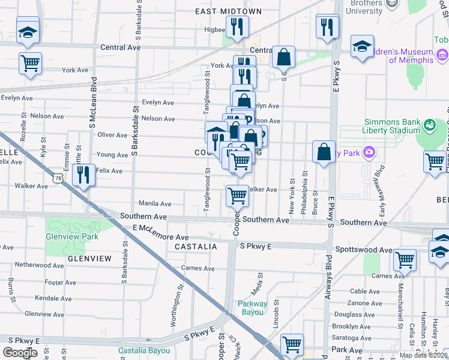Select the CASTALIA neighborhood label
196,247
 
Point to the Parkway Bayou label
252,307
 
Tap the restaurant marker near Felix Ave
83,175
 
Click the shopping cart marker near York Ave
30,62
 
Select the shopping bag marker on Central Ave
283,58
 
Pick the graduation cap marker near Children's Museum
362,46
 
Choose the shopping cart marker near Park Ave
292,345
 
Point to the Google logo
20,352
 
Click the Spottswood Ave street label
364,250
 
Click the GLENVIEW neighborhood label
89,258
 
